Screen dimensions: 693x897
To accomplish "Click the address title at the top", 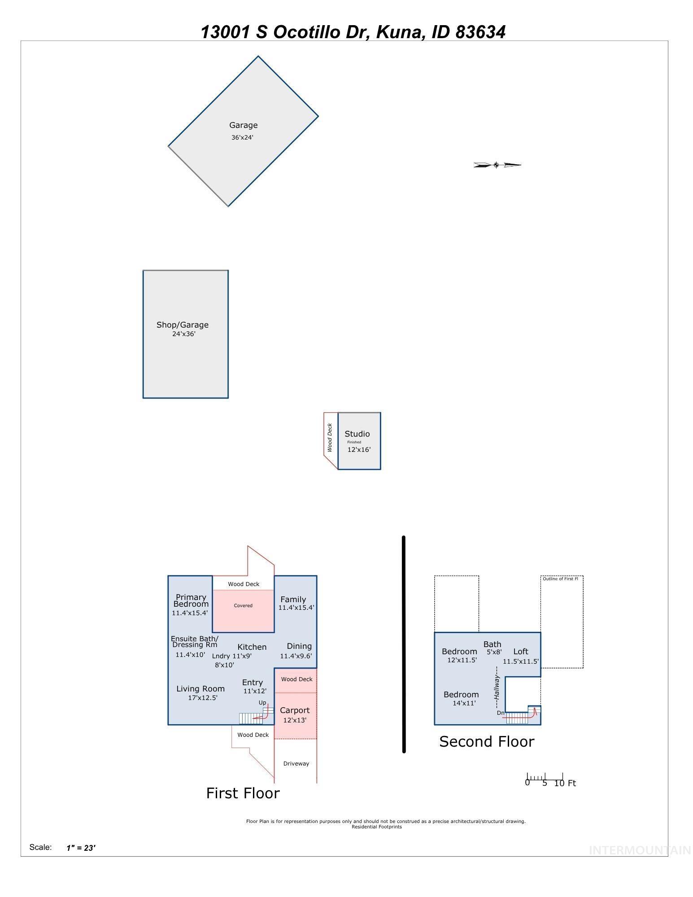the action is tap(353, 32).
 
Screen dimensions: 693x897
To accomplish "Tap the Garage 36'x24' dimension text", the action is tap(242, 138).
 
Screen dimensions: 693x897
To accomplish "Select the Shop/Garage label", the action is tap(183, 325).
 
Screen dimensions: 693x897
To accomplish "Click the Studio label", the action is tap(357, 434).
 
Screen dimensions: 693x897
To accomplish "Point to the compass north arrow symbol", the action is tap(497, 165).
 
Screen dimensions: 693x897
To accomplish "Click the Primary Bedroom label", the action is tap(191, 600).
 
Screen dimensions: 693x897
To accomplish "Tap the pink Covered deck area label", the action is tap(243, 606).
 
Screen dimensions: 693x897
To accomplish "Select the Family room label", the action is tap(293, 599).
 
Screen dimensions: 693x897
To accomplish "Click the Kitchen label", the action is tap(252, 647).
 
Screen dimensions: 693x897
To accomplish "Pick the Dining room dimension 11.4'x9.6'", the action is tap(296, 656).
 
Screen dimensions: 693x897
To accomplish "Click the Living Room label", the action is tap(200, 689).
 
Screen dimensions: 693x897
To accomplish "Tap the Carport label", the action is tap(295, 710).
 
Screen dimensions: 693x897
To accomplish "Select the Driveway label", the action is tap(296, 764).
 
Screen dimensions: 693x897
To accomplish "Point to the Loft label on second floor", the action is tap(521, 652).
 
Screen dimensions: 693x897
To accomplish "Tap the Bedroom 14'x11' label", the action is tap(462, 699).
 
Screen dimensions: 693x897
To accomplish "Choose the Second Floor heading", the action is tap(487, 742).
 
